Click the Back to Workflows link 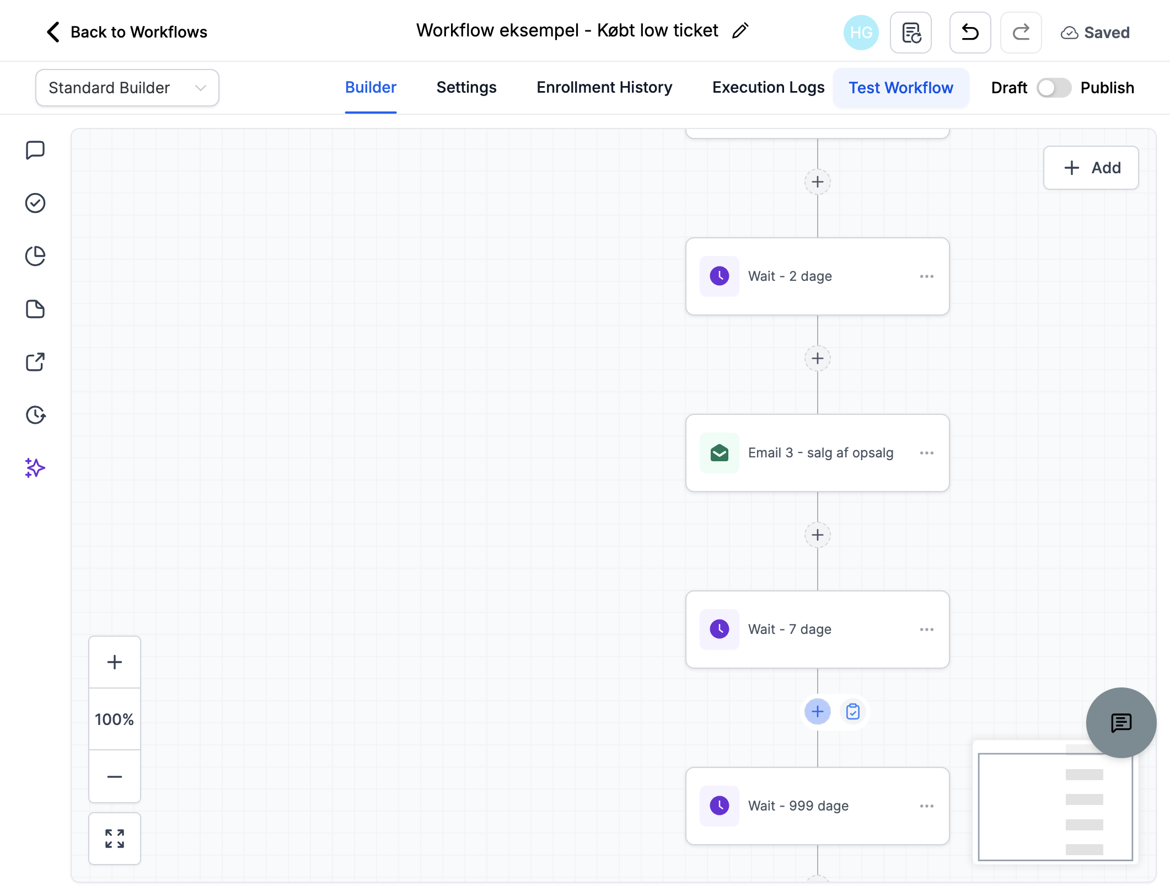pyautogui.click(x=127, y=32)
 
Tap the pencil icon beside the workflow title pyautogui.click(x=740, y=31)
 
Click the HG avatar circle pyautogui.click(x=861, y=33)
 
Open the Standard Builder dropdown pyautogui.click(x=127, y=88)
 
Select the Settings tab pyautogui.click(x=466, y=88)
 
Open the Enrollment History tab pyautogui.click(x=604, y=88)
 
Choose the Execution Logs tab pyautogui.click(x=768, y=88)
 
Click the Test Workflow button pyautogui.click(x=901, y=88)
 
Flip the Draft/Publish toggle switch pyautogui.click(x=1054, y=88)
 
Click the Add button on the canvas pyautogui.click(x=1091, y=168)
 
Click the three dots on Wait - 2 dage pyautogui.click(x=926, y=276)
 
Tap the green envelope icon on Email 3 pyautogui.click(x=720, y=453)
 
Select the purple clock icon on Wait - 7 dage pyautogui.click(x=720, y=630)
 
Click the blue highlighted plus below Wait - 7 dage pyautogui.click(x=818, y=712)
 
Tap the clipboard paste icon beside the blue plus pyautogui.click(x=853, y=712)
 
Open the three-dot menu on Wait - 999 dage pyautogui.click(x=926, y=806)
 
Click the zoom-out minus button pyautogui.click(x=115, y=776)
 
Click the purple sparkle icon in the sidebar pyautogui.click(x=35, y=468)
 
